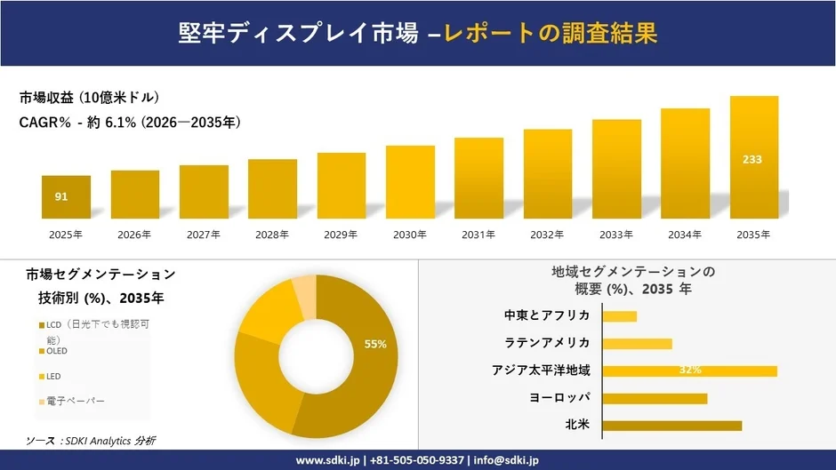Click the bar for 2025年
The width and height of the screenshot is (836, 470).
(x=66, y=197)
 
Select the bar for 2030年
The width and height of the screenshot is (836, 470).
(x=410, y=182)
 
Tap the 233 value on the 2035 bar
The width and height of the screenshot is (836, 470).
(x=752, y=160)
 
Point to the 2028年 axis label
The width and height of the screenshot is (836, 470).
(x=272, y=235)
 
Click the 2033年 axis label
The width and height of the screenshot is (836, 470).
(x=616, y=235)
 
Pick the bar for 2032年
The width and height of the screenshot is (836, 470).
(x=548, y=174)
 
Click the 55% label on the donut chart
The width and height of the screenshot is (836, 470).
(x=375, y=344)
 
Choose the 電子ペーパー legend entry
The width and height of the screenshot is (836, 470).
(x=75, y=401)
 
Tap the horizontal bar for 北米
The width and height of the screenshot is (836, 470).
(x=671, y=426)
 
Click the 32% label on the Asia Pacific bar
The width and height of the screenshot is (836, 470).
(x=690, y=370)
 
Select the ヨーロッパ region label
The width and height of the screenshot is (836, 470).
(x=559, y=398)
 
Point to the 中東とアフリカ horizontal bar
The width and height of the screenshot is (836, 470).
(x=619, y=316)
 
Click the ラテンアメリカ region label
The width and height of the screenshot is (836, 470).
(x=547, y=343)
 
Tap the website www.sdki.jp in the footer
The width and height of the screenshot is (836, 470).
(x=326, y=460)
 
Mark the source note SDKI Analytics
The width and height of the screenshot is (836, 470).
(x=91, y=441)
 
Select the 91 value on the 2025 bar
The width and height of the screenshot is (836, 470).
(x=61, y=196)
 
